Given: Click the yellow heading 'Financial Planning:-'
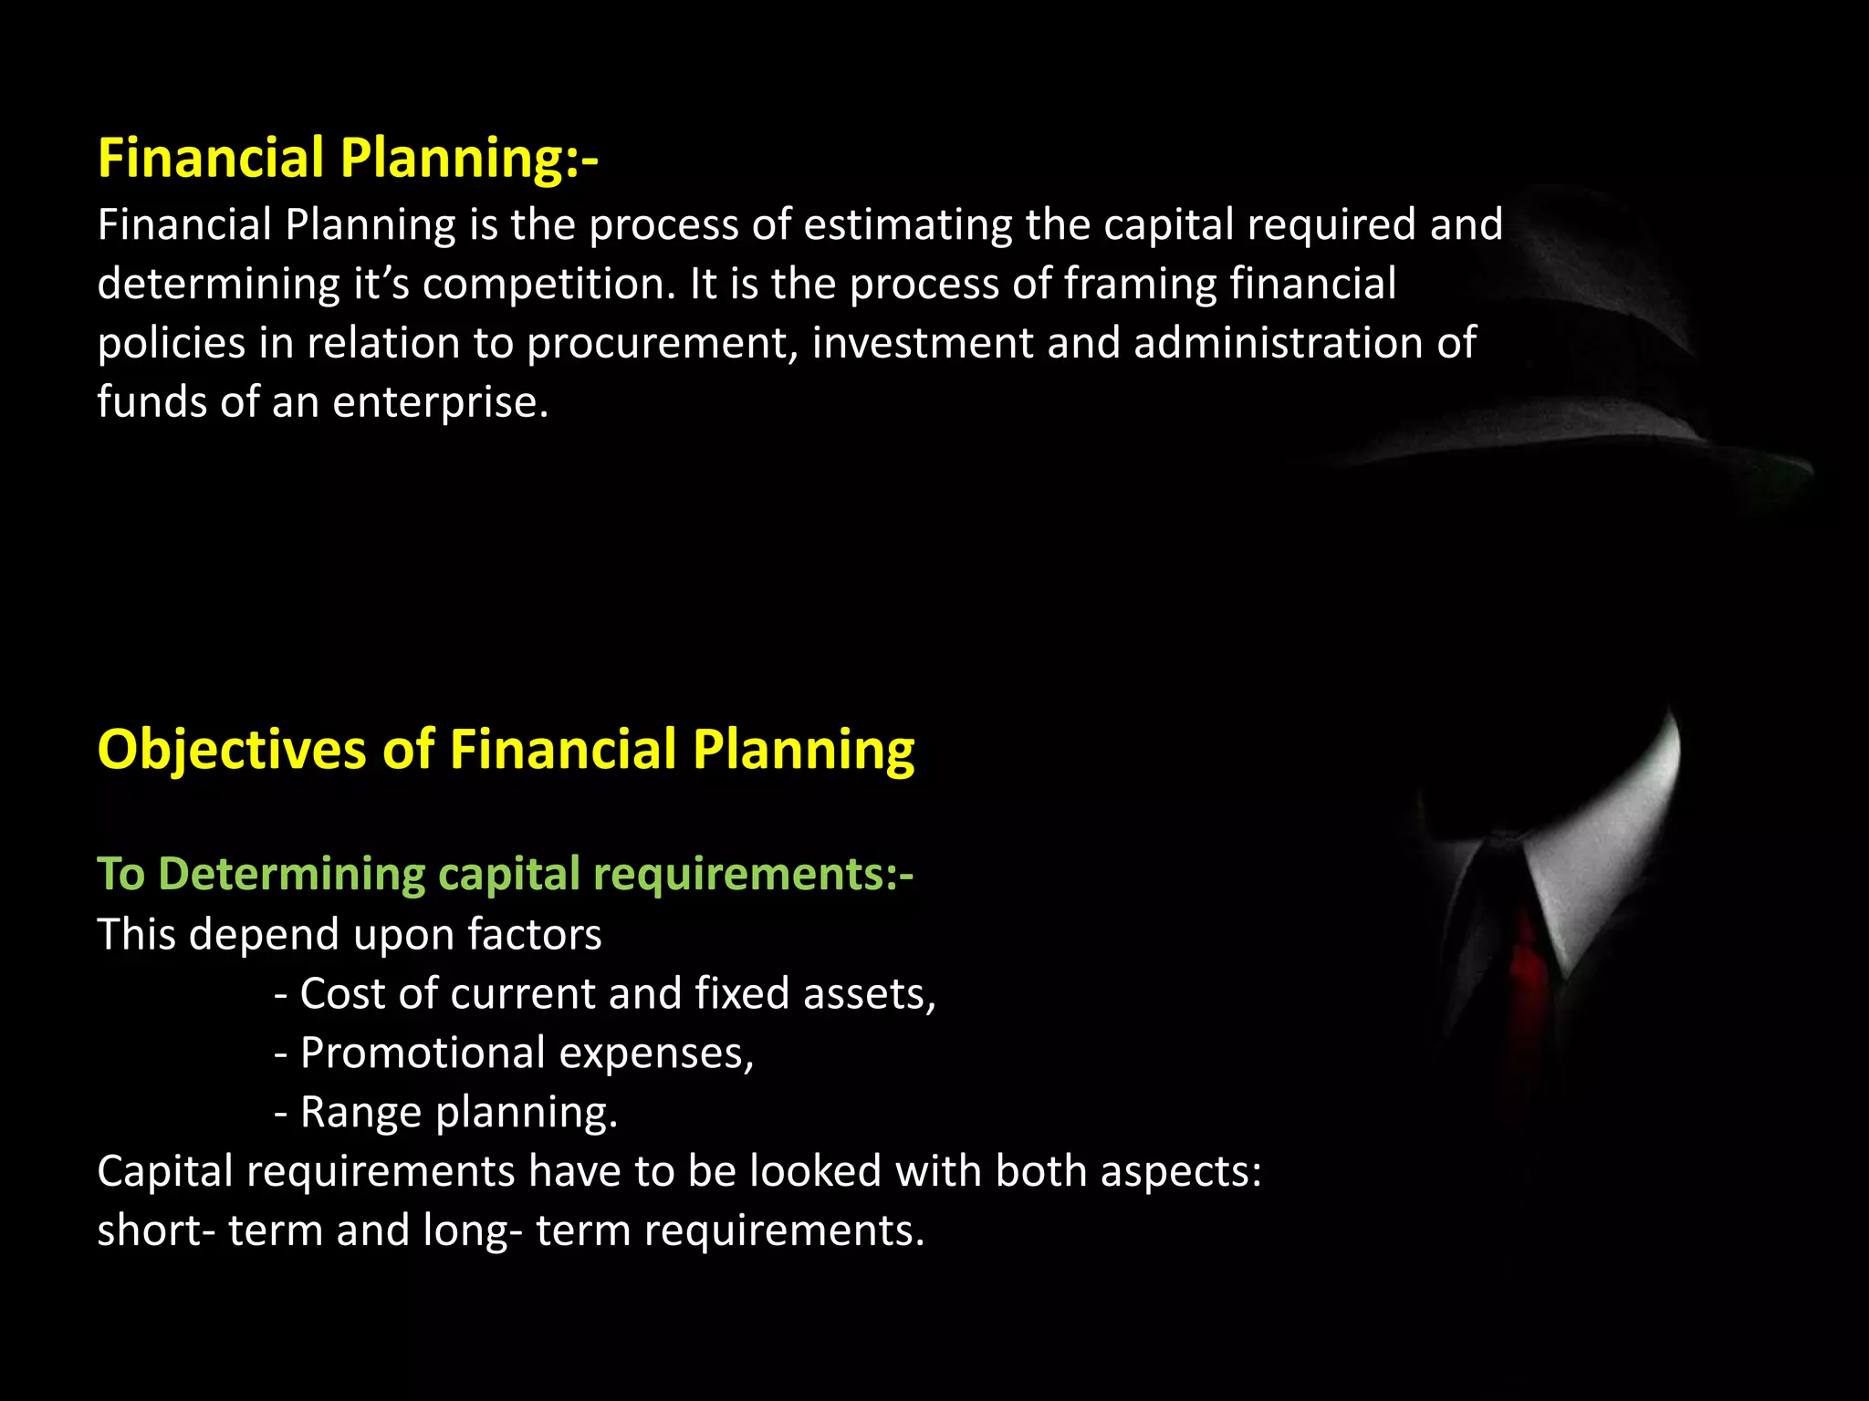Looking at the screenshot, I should click(348, 158).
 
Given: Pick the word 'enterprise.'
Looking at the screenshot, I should click(441, 403).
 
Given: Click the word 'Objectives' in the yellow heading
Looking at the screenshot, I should click(232, 750).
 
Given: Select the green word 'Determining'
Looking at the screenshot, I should click(291, 874).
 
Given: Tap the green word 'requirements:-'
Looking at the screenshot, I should click(753, 874).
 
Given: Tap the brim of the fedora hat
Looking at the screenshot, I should click(1551, 438).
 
